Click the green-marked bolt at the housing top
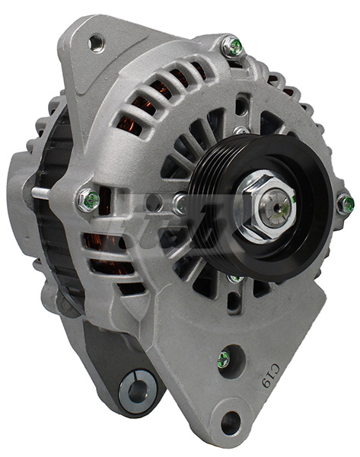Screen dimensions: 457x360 click(234, 47)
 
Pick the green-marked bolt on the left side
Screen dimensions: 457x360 click(88, 200)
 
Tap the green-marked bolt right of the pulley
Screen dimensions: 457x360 click(346, 203)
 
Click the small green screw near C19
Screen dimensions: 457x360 click(224, 359)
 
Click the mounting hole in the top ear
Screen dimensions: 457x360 click(96, 42)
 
